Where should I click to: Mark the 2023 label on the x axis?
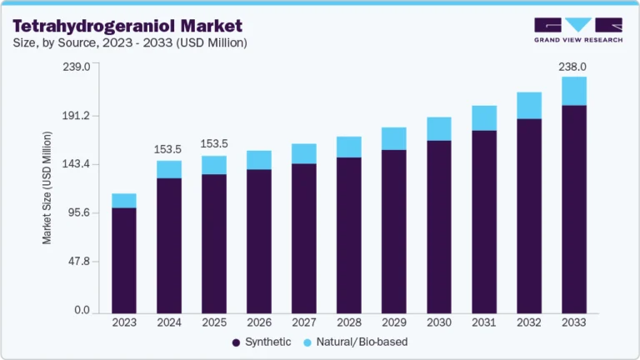(124, 322)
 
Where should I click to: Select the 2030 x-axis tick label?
(439, 322)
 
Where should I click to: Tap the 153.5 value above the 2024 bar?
(169, 149)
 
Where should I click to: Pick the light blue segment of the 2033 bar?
(574, 91)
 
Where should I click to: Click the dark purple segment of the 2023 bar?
(124, 259)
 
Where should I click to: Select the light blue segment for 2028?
(349, 147)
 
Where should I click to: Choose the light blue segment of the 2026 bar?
(259, 160)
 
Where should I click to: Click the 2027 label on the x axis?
(304, 322)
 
